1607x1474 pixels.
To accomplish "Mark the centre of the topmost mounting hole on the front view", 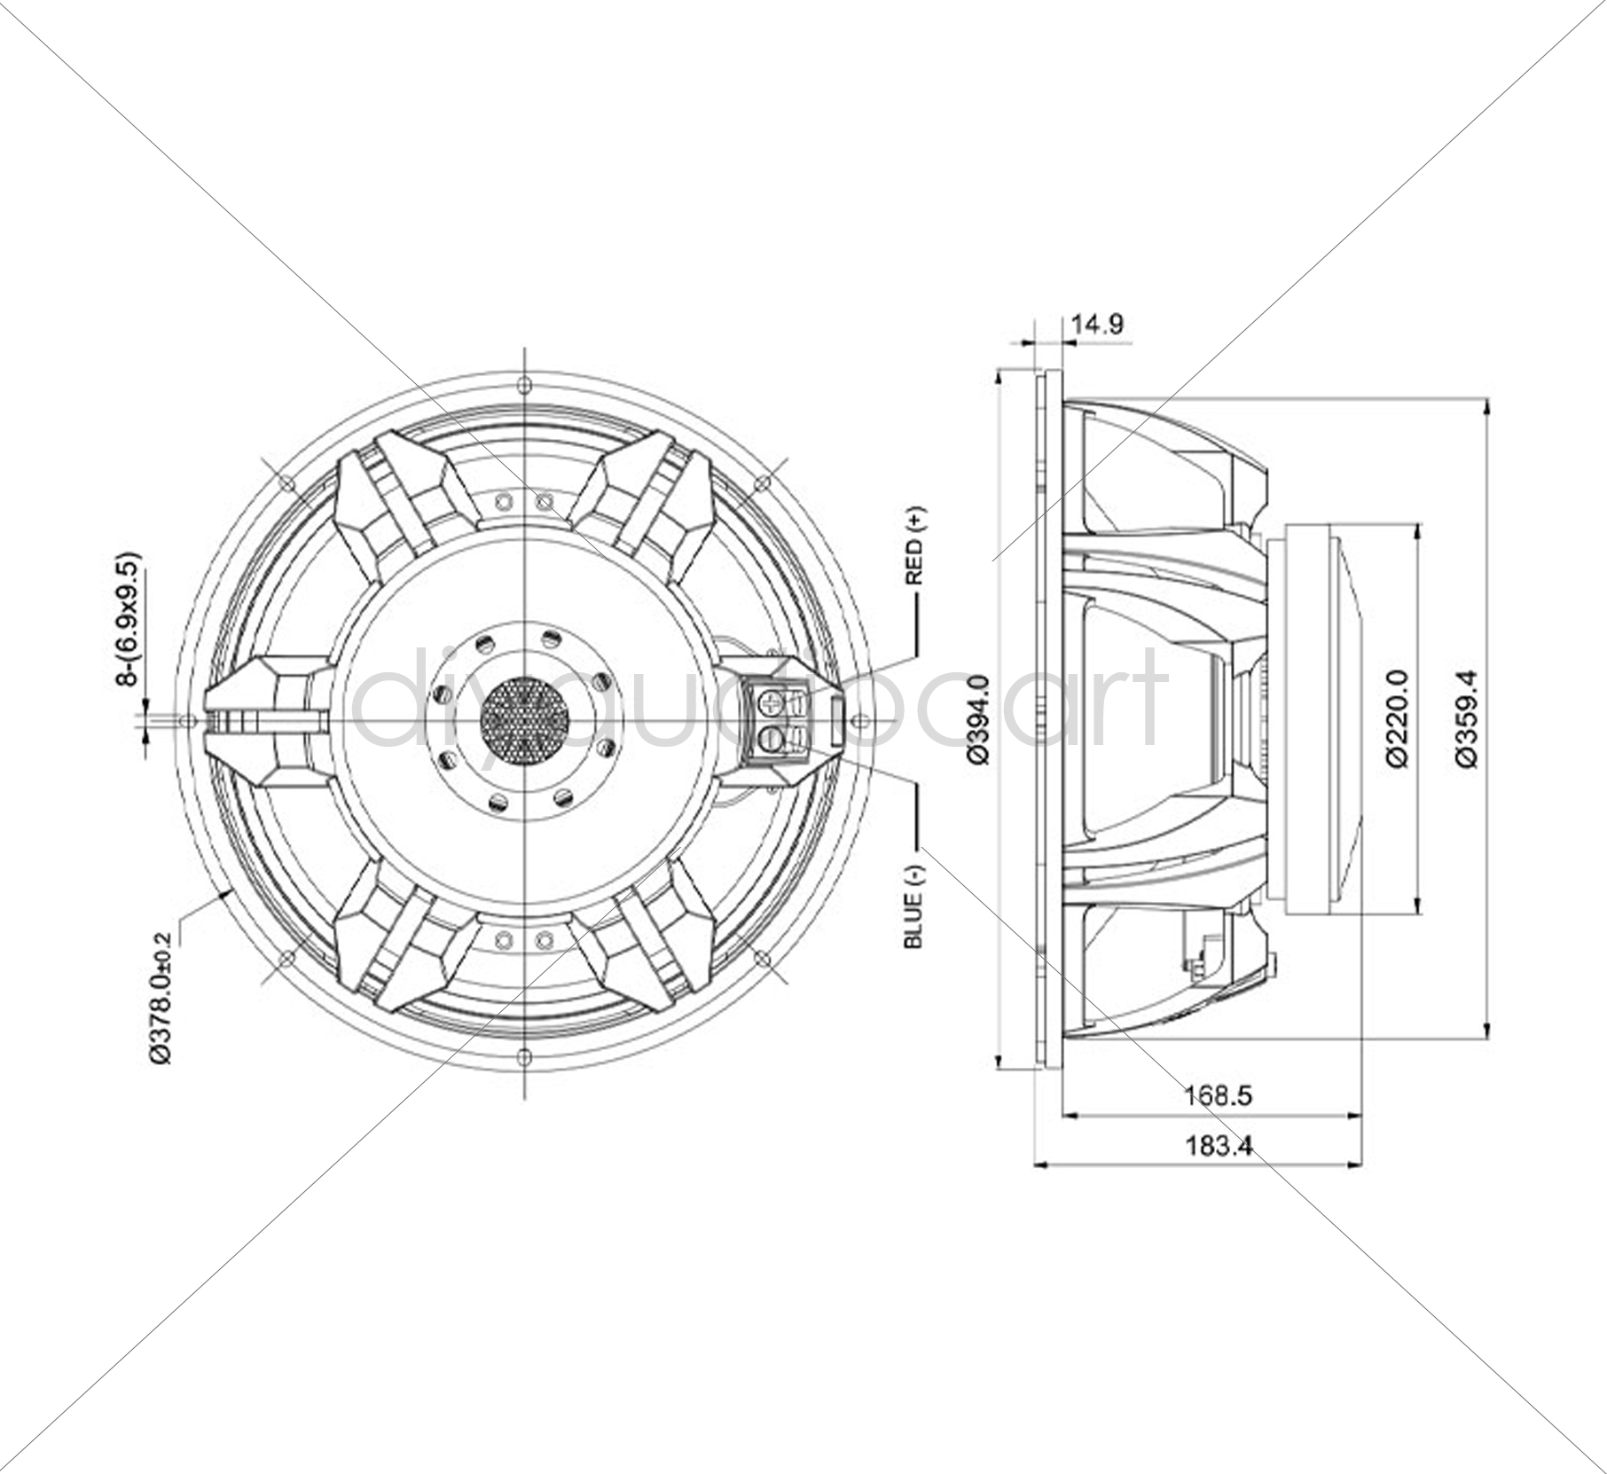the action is (x=524, y=383).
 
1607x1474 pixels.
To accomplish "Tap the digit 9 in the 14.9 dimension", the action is (x=1114, y=324).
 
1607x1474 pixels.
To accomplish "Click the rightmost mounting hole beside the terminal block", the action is (x=860, y=719).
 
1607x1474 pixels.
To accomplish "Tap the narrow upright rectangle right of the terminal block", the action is (x=835, y=720).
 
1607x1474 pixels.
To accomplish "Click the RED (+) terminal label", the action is (x=914, y=545).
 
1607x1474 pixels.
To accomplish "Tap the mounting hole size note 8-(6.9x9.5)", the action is (x=129, y=619).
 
